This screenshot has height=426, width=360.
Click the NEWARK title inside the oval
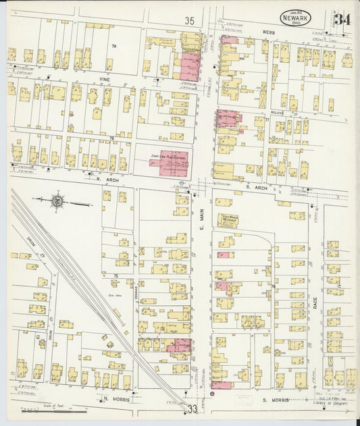point(297,19)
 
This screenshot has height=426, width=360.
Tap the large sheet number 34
point(342,20)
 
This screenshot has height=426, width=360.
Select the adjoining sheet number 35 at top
point(188,22)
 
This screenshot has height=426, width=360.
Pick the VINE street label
point(105,79)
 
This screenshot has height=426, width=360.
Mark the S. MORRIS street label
point(276,400)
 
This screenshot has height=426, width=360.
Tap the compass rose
point(57,201)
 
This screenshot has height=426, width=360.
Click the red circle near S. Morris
point(212,393)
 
